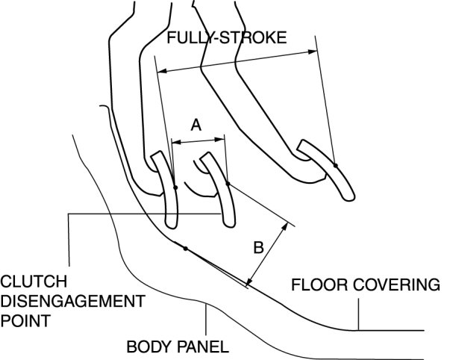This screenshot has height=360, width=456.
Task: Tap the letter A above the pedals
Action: pos(196,125)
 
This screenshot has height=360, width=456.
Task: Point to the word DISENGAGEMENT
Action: pos(72,302)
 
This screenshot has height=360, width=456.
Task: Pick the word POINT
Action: pos(26,322)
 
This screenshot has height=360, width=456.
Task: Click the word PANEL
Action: pos(202,347)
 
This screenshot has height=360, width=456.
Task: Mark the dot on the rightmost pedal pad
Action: pos(336,165)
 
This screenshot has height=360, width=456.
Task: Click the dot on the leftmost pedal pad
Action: pos(174,187)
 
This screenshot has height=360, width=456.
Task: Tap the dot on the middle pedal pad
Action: pos(228,183)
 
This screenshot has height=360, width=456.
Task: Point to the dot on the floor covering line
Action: pos(184,247)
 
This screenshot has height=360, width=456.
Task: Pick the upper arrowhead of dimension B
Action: pos(287,223)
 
